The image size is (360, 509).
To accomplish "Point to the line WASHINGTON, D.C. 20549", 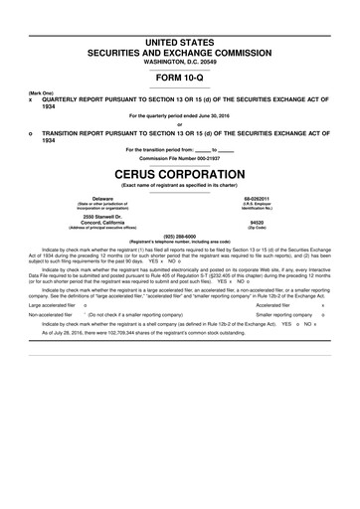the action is point(179,63).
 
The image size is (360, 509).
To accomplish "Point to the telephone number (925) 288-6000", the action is point(179,236).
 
